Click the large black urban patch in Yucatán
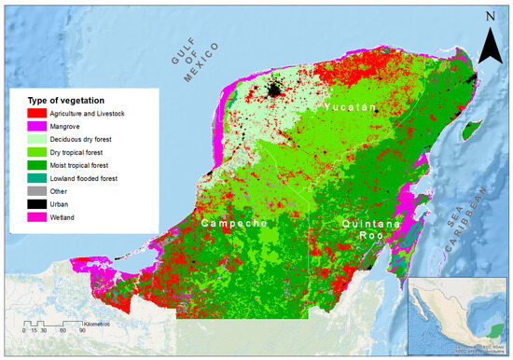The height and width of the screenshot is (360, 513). [273, 90]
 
